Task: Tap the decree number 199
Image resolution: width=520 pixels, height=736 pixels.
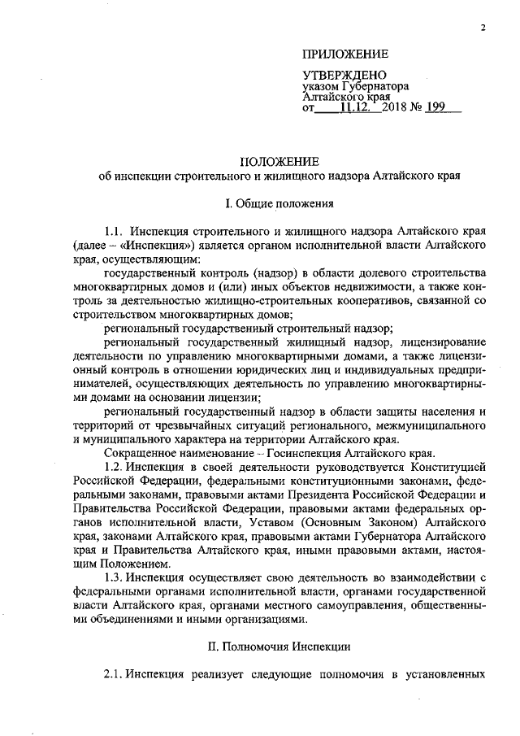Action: click(x=447, y=107)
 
